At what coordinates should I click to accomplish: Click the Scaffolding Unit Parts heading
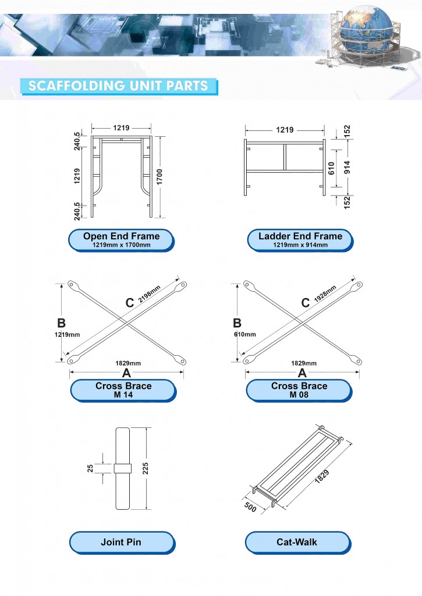118,86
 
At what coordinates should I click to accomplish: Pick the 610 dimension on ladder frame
331,168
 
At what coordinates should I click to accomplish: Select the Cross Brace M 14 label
123,390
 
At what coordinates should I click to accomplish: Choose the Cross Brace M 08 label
299,390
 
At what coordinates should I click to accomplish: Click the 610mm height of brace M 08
245,335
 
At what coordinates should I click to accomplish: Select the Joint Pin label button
121,542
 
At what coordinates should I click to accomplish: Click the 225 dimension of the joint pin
153,469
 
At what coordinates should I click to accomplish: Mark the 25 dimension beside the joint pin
91,469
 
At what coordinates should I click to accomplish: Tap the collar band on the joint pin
122,468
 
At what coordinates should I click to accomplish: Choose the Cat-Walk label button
297,542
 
